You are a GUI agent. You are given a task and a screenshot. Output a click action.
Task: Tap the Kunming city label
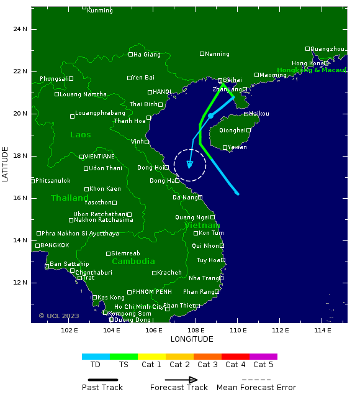(x=100, y=11)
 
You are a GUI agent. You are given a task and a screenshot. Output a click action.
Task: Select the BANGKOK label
(x=55, y=245)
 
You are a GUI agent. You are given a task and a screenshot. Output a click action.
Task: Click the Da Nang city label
(x=184, y=198)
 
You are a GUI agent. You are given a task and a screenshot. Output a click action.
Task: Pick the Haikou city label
(x=259, y=114)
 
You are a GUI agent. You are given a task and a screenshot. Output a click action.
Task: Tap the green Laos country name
(x=81, y=135)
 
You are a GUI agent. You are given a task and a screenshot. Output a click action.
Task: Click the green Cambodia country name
(x=133, y=262)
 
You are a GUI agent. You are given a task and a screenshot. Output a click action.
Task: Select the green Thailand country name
(x=70, y=198)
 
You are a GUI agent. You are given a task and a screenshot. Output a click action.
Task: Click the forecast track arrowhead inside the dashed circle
(x=190, y=165)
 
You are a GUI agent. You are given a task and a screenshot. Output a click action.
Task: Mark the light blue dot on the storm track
(x=210, y=116)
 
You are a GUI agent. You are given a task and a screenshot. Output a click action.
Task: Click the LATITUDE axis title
(x=6, y=164)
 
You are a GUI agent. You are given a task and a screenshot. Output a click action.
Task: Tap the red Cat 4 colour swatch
(x=235, y=357)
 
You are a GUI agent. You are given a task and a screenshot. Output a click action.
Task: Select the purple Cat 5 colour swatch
(x=263, y=357)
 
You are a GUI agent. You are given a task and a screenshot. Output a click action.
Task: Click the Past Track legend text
(x=102, y=388)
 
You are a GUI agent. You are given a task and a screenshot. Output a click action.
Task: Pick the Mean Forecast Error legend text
(x=256, y=388)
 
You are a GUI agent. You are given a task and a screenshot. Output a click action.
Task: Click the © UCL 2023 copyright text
(x=59, y=316)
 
